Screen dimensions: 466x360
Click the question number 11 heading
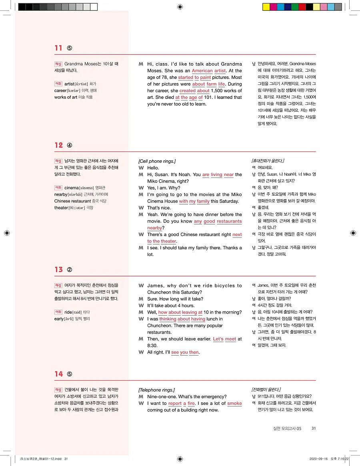[x=59, y=48]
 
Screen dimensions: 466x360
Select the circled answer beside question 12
[x=69, y=146]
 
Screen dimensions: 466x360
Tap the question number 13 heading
[x=59, y=270]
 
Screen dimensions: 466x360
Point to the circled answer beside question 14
[x=69, y=374]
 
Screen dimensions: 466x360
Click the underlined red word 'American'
[x=202, y=71]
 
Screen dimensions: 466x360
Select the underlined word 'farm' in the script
[x=211, y=84]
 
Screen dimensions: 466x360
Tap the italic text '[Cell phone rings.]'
[x=157, y=161]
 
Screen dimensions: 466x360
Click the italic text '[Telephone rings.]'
[x=156, y=390]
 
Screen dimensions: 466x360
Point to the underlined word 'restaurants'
[x=230, y=221]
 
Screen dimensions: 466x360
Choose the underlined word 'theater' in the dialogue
[x=168, y=241]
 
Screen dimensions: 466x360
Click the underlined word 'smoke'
[x=234, y=403]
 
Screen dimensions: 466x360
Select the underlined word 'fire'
[x=191, y=403]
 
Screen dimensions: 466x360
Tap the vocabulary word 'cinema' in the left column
[x=72, y=188]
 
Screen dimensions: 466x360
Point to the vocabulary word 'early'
[x=59, y=319]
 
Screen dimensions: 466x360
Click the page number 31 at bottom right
[x=314, y=428]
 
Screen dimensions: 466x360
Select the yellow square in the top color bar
[x=266, y=7]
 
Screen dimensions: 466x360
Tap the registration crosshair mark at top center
[x=180, y=7]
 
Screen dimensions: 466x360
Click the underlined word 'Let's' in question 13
[x=218, y=339]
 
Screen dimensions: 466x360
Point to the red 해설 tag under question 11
[x=58, y=64]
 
